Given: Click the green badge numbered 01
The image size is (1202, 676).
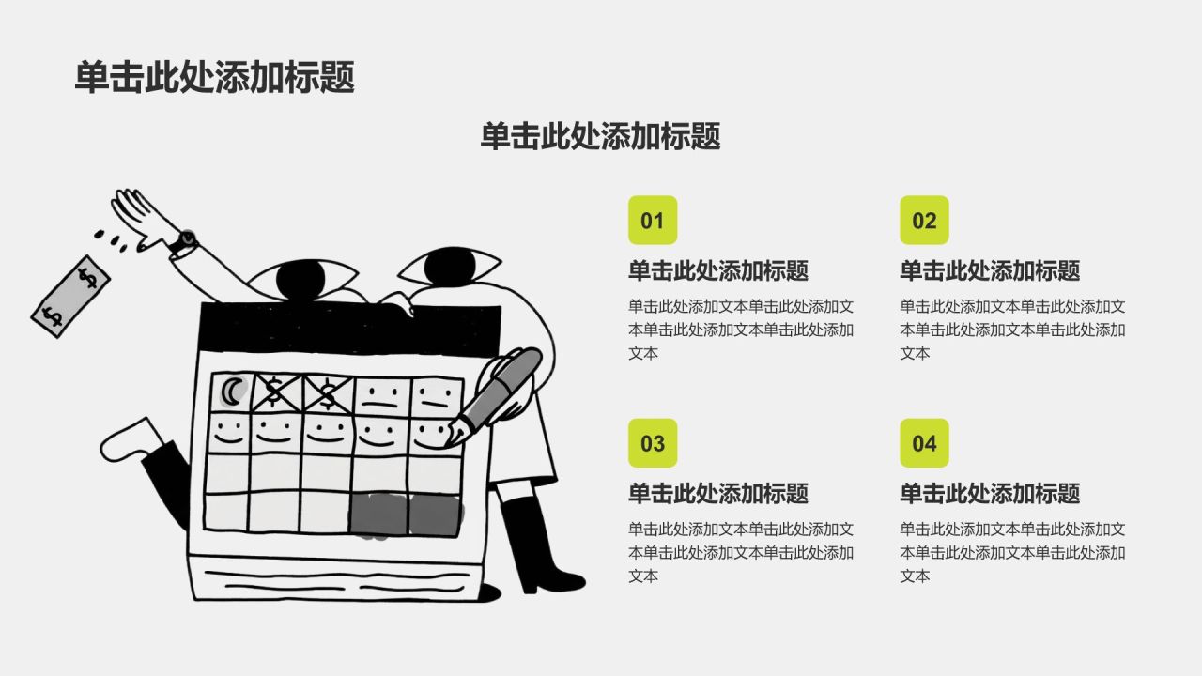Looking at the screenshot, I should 653,221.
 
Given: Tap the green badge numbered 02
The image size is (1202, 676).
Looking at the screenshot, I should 924,221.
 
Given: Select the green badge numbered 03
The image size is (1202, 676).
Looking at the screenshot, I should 653,443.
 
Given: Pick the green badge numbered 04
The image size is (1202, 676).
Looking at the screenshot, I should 924,443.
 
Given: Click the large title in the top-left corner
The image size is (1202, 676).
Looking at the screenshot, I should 215,78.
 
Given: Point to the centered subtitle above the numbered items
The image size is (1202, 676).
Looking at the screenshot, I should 600,136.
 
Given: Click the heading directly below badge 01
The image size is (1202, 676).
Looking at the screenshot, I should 718,271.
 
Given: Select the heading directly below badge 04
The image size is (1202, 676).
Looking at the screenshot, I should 990,494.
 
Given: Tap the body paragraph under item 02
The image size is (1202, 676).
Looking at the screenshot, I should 1012,330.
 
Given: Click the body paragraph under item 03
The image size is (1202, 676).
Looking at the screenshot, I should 741,552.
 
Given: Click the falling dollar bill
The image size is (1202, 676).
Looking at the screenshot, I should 71,296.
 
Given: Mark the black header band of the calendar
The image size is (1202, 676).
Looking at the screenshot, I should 347,328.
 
